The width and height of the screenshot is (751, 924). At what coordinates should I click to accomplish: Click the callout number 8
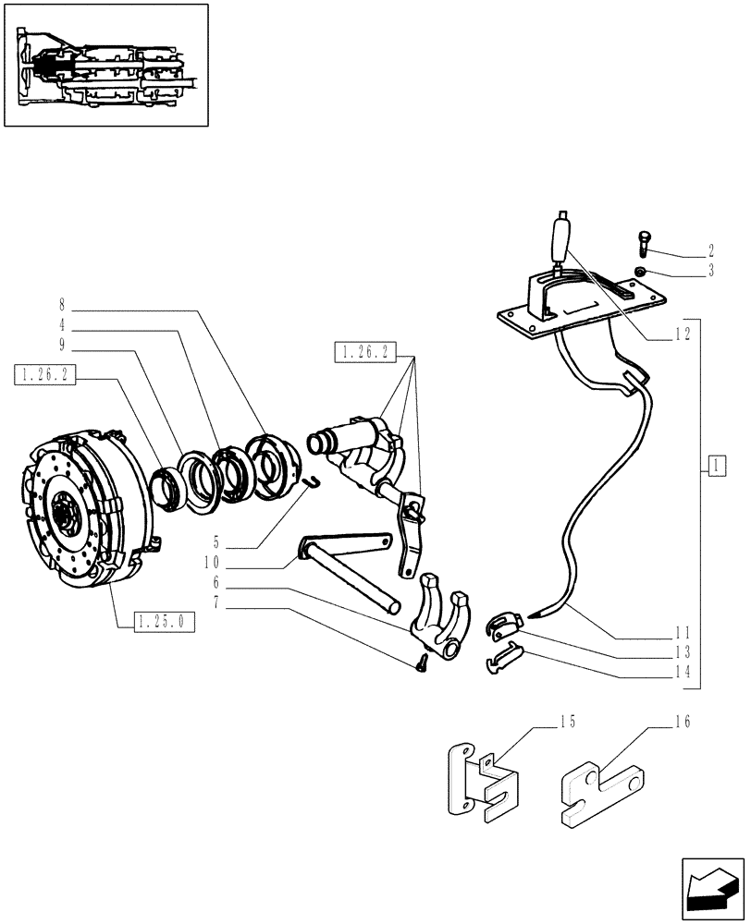coord(61,303)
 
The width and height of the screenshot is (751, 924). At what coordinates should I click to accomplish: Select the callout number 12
coord(683,337)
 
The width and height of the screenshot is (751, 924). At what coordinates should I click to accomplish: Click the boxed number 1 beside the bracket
coord(716,465)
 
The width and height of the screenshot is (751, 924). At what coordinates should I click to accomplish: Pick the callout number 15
coord(567,722)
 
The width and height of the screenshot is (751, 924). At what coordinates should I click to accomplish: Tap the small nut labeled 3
coord(640,271)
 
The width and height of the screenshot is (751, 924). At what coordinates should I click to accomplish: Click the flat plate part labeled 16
coord(601,788)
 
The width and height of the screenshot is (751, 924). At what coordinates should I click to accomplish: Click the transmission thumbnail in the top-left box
coord(105,65)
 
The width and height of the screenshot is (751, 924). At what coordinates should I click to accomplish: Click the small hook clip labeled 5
coord(314,481)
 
